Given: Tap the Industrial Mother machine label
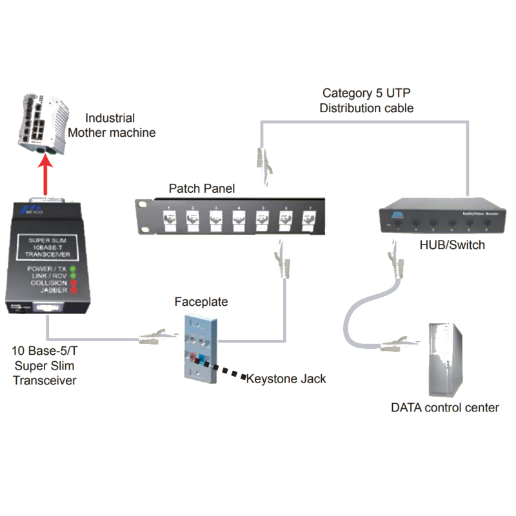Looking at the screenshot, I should pyautogui.click(x=120, y=125).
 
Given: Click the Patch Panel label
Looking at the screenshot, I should pyautogui.click(x=201, y=188).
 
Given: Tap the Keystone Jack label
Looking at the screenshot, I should pyautogui.click(x=286, y=379).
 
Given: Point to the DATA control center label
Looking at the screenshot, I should pyautogui.click(x=445, y=408).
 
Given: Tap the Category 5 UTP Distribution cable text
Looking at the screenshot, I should pyautogui.click(x=366, y=101).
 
